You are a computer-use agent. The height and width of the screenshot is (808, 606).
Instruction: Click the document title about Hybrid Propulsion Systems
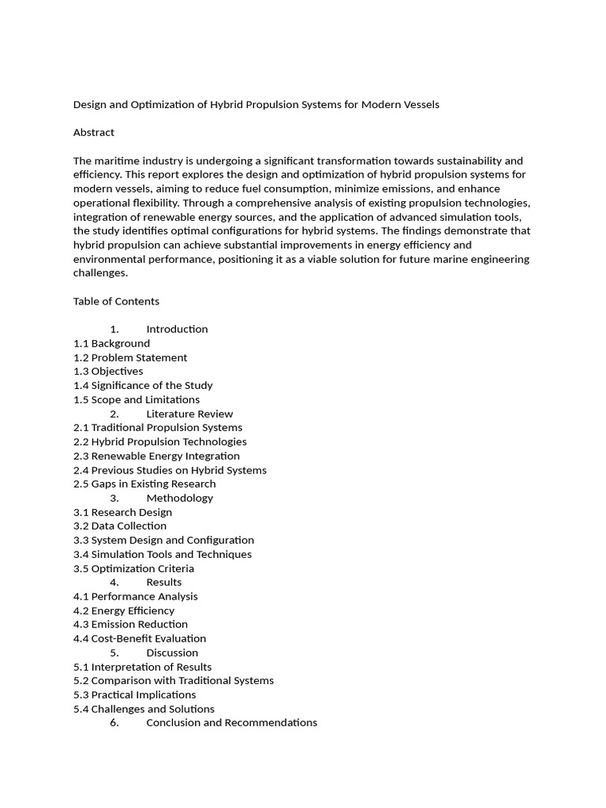256,104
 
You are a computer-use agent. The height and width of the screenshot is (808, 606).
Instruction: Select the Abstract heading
94,133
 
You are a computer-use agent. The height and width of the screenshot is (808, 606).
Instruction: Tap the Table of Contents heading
116,301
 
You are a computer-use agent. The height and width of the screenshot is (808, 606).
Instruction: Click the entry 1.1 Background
111,343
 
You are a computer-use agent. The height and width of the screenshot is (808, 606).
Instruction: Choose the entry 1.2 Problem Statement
130,357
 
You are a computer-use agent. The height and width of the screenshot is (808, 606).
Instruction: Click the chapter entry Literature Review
189,413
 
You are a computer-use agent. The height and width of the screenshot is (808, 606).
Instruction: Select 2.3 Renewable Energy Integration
156,456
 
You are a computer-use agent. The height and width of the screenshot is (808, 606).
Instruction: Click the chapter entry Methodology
179,498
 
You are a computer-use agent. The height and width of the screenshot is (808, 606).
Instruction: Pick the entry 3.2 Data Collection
120,526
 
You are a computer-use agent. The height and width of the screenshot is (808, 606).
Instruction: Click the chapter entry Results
164,582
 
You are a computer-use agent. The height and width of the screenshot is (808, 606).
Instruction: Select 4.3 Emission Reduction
130,624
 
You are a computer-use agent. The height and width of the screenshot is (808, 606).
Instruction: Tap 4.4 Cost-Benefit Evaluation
140,638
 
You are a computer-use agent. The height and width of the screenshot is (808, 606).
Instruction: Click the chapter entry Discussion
172,653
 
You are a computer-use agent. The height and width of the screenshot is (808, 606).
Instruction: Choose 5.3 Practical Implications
134,695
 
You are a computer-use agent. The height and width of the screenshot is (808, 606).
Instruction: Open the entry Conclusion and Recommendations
231,723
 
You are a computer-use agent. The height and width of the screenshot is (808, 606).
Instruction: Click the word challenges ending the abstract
100,273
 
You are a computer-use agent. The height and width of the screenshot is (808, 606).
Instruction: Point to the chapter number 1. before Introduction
114,329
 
